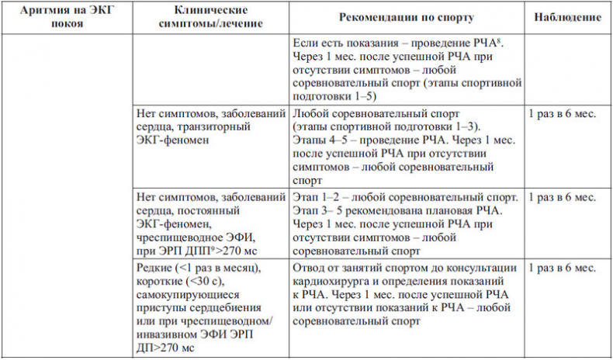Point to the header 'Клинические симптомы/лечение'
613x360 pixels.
click(x=211, y=16)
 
